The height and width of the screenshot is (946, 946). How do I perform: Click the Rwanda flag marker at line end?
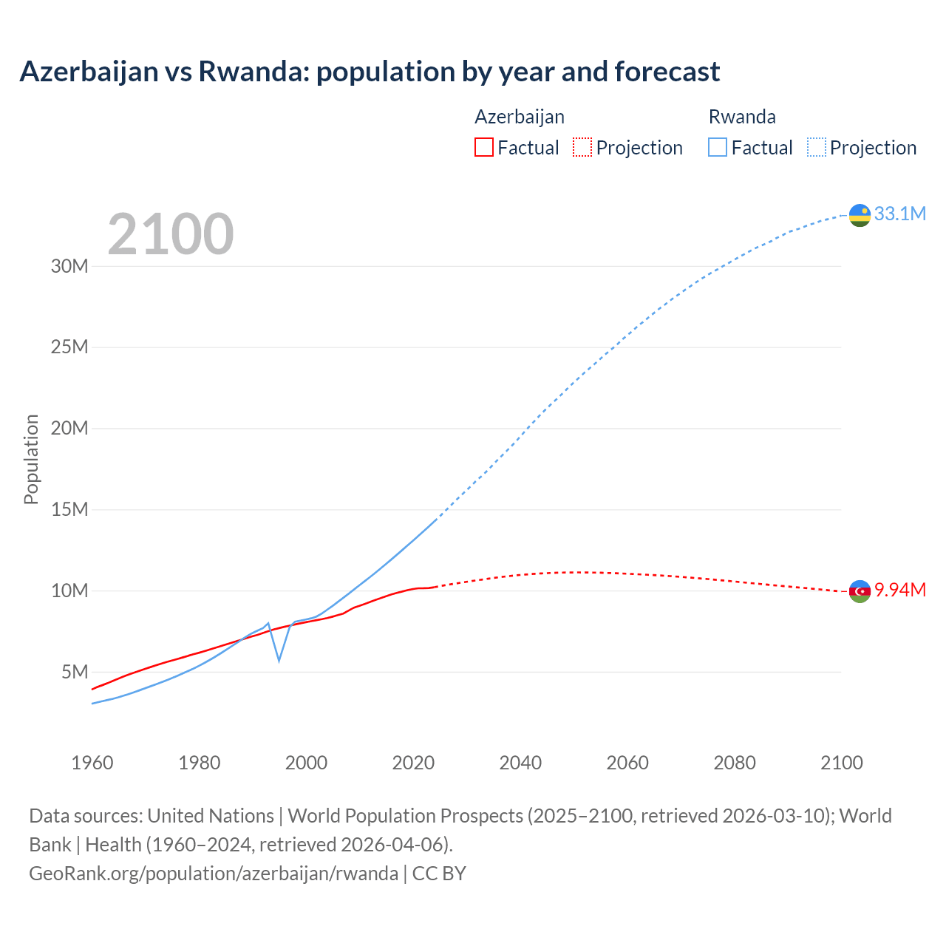pyautogui.click(x=860, y=215)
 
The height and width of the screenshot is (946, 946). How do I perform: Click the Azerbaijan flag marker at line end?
pyautogui.click(x=860, y=591)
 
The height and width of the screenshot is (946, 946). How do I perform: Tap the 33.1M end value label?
pyautogui.click(x=899, y=214)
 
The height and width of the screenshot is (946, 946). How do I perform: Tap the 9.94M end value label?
pyautogui.click(x=899, y=590)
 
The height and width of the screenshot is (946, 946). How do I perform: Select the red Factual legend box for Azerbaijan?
pyautogui.click(x=483, y=148)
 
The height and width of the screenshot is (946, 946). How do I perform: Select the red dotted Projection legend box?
pyautogui.click(x=582, y=148)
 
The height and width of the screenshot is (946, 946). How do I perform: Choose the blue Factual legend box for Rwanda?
pyautogui.click(x=717, y=148)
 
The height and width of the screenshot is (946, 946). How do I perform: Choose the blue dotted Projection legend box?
pyautogui.click(x=817, y=148)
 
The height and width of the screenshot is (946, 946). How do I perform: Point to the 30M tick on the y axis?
pyautogui.click(x=69, y=266)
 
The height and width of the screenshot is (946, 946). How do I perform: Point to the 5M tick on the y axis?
pyautogui.click(x=75, y=672)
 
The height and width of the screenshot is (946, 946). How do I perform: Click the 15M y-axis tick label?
pyautogui.click(x=69, y=509)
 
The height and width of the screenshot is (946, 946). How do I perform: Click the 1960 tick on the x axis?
pyautogui.click(x=92, y=763)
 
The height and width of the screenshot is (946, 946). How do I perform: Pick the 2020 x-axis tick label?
pyautogui.click(x=413, y=763)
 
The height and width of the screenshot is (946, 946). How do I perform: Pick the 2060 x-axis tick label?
pyautogui.click(x=627, y=763)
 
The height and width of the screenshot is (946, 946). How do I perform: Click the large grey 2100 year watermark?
pyautogui.click(x=171, y=234)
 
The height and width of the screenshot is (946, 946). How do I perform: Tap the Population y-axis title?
pyautogui.click(x=31, y=459)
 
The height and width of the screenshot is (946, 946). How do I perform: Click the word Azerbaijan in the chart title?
pyautogui.click(x=89, y=72)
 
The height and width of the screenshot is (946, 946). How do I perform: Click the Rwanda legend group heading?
pyautogui.click(x=742, y=117)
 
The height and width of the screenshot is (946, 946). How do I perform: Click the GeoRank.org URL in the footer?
pyautogui.click(x=214, y=873)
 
